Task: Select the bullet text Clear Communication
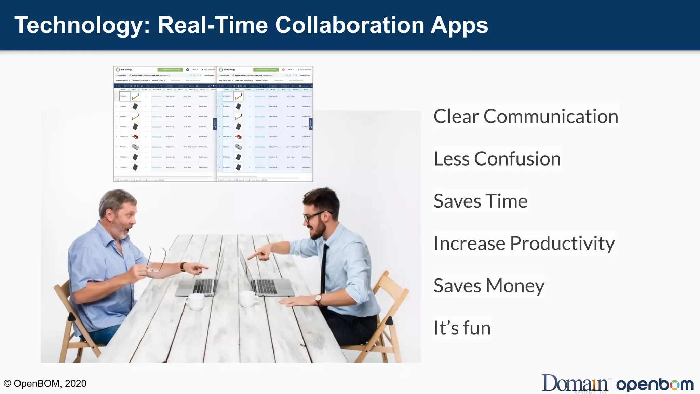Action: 526,116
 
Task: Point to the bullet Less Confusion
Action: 497,159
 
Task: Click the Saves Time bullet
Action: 480,201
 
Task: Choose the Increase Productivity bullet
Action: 524,243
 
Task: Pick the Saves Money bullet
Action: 489,286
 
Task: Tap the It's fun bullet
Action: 462,328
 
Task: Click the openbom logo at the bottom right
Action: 655,385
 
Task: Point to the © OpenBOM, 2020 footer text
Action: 45,383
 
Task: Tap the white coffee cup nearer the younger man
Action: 248,299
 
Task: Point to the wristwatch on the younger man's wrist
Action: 318,300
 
